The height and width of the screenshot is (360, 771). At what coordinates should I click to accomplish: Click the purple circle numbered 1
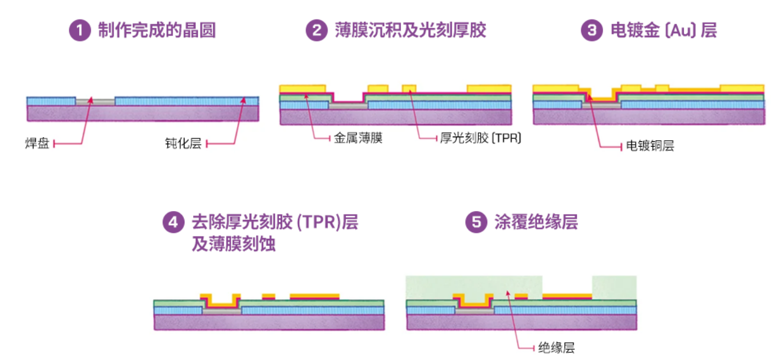click(x=79, y=30)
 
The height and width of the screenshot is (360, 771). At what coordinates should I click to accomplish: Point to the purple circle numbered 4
click(x=172, y=222)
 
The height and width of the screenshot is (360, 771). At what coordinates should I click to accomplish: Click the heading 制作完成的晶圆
click(x=157, y=30)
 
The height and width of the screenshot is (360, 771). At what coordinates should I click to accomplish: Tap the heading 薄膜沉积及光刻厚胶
click(x=410, y=30)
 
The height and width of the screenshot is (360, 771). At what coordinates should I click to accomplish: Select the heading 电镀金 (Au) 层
click(x=663, y=30)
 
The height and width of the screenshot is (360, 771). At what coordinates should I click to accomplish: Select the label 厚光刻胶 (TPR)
click(x=480, y=138)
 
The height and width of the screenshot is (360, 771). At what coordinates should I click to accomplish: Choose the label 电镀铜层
click(x=649, y=146)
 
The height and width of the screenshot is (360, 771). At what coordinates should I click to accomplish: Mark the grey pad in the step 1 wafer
click(x=95, y=102)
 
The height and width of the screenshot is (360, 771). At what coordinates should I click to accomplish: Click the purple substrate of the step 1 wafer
click(x=142, y=113)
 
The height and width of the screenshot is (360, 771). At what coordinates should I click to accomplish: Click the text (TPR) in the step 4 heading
click(x=313, y=222)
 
